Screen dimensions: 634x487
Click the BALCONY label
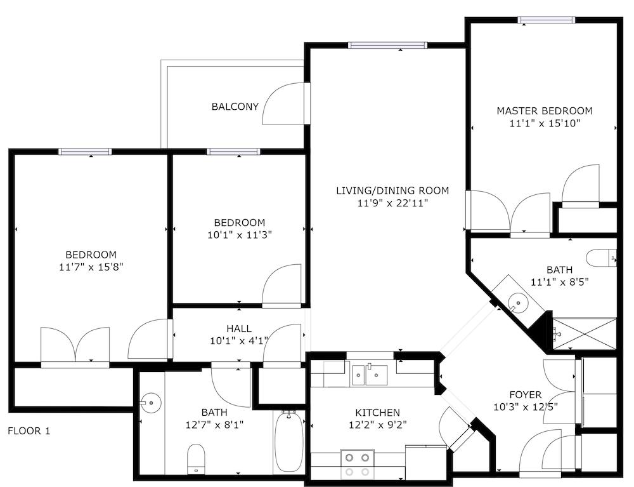235,107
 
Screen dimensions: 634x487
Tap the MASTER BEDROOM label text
545,110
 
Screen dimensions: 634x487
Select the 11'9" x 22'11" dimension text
392,203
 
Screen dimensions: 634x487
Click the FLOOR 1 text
29,430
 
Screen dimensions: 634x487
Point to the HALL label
239,328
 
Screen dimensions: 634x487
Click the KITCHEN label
378,413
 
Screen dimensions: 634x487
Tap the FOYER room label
526,395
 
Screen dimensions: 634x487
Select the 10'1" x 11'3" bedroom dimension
240,235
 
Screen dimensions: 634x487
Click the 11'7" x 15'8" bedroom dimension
91,267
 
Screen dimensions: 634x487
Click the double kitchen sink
370,375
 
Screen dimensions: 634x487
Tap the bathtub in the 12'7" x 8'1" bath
288,441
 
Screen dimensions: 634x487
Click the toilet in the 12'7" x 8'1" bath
197,458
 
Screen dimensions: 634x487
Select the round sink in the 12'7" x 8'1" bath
150,403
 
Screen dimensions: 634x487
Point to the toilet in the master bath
601,258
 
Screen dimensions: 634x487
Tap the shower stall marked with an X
585,333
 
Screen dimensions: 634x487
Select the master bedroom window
547,20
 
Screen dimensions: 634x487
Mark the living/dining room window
388,45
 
